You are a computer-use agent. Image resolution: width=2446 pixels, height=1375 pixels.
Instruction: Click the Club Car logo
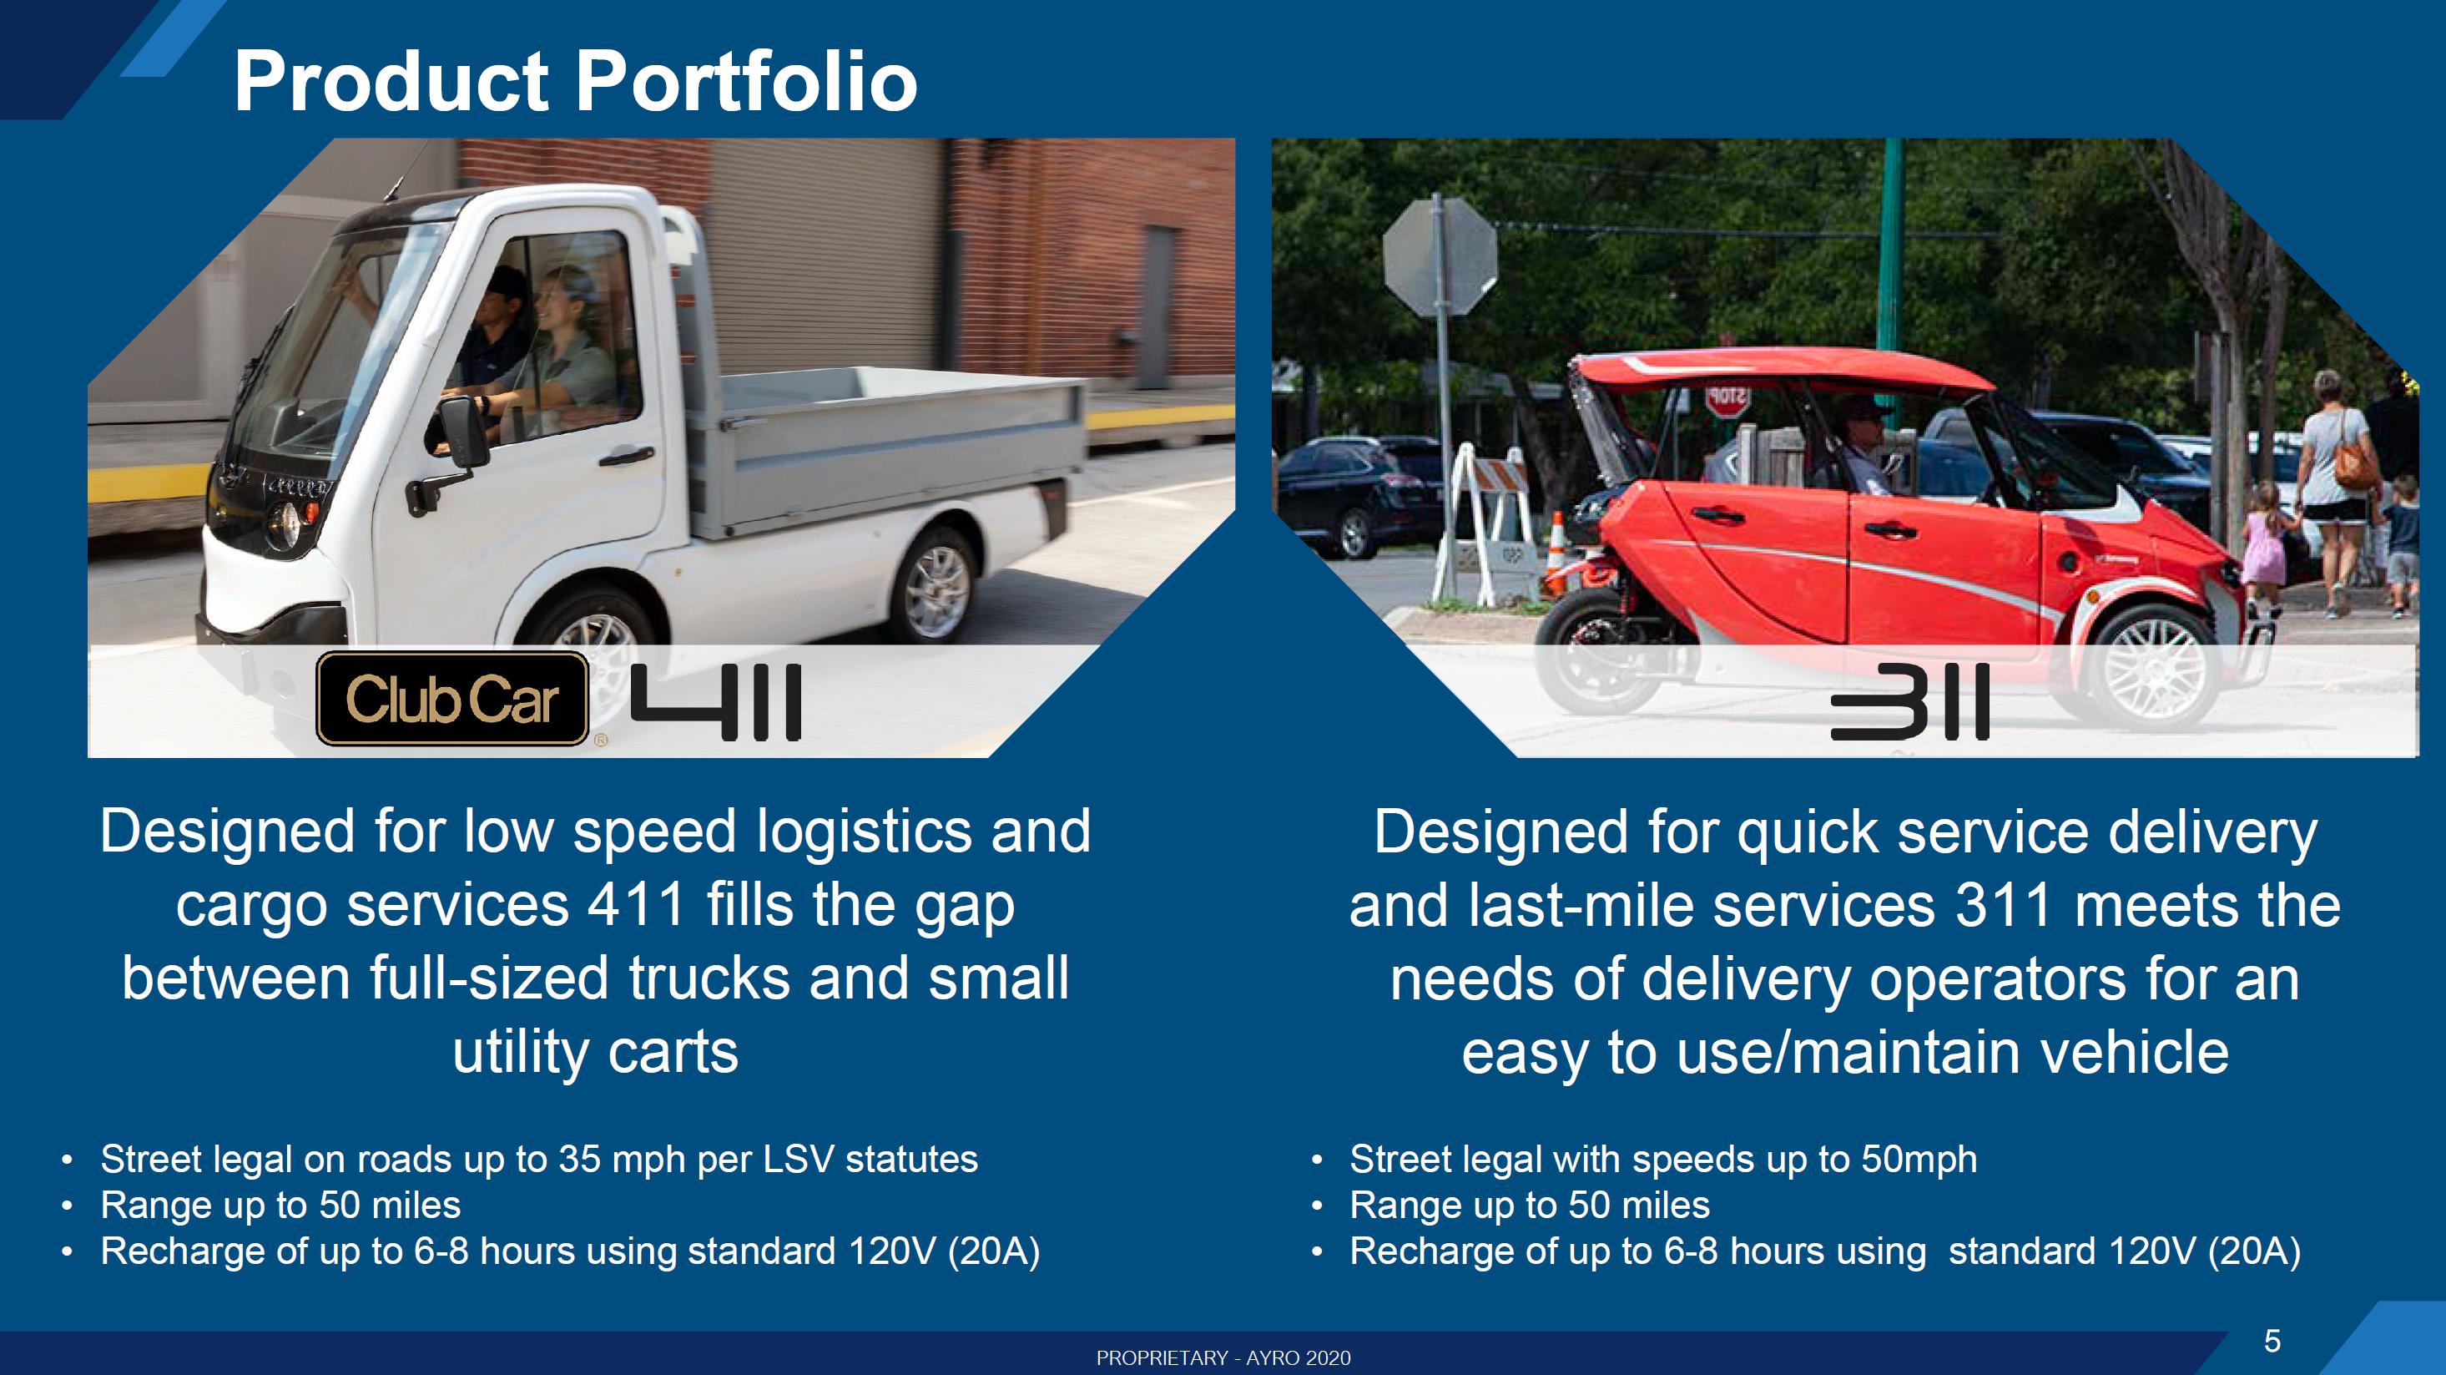point(452,699)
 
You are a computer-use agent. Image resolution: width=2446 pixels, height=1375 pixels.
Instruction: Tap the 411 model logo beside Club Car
point(716,702)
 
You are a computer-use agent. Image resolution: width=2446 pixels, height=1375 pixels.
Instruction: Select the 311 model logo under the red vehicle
point(1909,702)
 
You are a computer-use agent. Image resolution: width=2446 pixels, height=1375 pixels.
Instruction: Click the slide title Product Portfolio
point(576,81)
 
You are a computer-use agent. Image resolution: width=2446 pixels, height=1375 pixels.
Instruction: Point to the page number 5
point(2272,1341)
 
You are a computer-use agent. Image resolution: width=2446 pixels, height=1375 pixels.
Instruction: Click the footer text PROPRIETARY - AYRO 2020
point(1223,1358)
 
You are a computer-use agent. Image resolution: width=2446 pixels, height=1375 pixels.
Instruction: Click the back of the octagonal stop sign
point(1439,256)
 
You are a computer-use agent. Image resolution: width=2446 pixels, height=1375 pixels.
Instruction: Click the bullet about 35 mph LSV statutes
point(539,1160)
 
